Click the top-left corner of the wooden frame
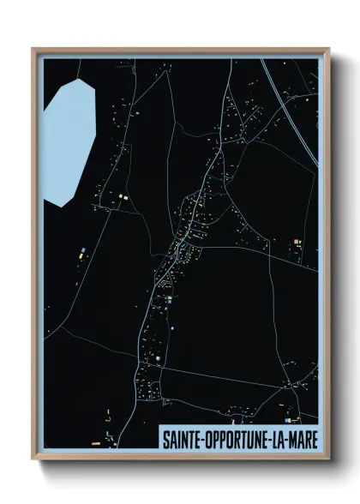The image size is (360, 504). pyautogui.click(x=33, y=49)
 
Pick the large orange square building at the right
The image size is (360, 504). pyautogui.click(x=297, y=245)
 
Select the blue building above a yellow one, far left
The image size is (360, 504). pyautogui.click(x=81, y=250)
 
